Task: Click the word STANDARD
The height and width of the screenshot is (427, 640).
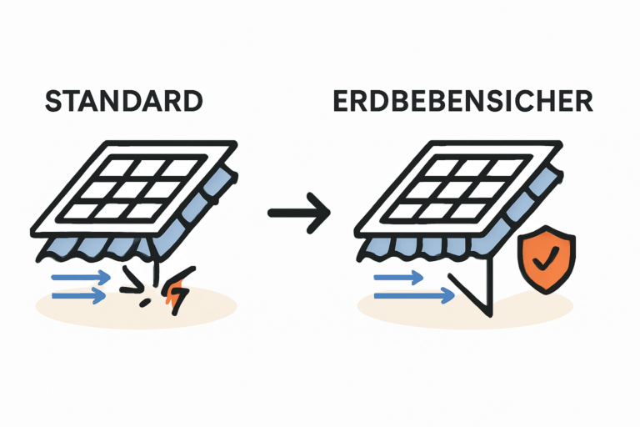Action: click(123, 102)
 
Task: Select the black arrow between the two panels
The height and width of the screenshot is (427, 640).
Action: click(298, 213)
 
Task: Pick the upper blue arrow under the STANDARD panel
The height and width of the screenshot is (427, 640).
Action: click(80, 276)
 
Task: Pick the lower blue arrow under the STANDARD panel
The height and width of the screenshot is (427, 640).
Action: click(80, 294)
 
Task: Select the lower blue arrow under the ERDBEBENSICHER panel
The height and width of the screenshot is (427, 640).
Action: click(413, 294)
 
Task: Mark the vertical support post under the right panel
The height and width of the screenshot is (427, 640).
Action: click(489, 284)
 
